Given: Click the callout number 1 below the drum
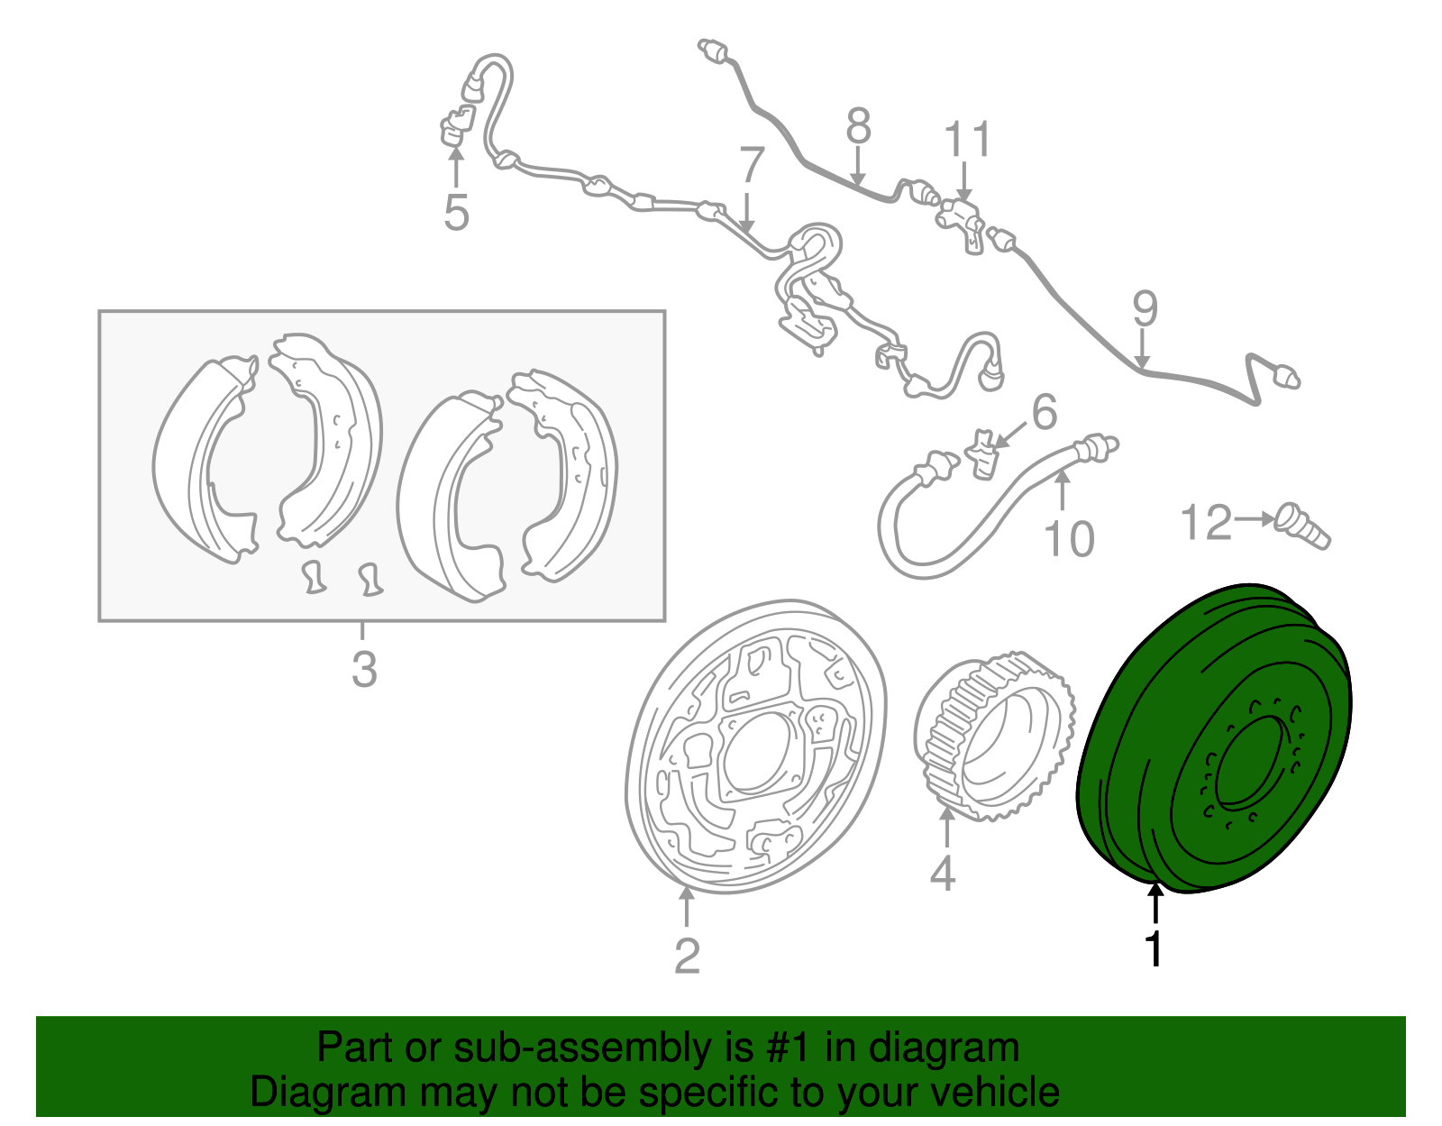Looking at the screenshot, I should click(x=1154, y=949).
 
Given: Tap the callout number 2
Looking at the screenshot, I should click(x=687, y=956).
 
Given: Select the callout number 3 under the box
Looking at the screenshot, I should click(x=363, y=670).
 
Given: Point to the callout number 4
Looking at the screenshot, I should click(x=943, y=873).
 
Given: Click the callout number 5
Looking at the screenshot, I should click(x=456, y=214).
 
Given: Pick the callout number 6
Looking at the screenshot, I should click(x=1044, y=413).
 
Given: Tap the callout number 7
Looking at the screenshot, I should click(x=752, y=166).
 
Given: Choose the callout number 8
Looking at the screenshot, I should click(x=858, y=126).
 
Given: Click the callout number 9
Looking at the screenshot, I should click(x=1145, y=309).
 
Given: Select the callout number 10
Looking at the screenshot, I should click(x=1069, y=539).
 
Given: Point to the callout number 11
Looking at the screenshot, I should click(x=967, y=140).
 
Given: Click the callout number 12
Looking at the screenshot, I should click(x=1206, y=523).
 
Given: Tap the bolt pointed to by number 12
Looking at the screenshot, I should click(x=1303, y=526).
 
